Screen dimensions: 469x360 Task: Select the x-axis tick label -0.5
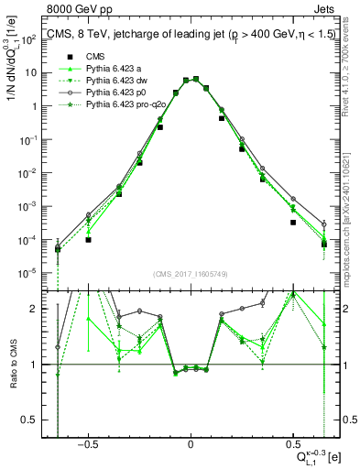click(x=87, y=442)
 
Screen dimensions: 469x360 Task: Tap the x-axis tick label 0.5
click(x=292, y=442)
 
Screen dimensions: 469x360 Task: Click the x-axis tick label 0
click(x=191, y=442)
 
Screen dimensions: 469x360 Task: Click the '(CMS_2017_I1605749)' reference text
click(x=191, y=273)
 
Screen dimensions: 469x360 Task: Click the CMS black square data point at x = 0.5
click(x=293, y=223)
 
